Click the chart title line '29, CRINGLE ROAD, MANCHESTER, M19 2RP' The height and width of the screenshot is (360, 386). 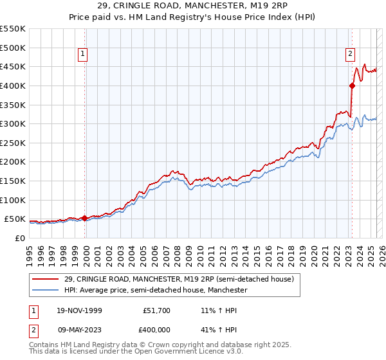[193, 6]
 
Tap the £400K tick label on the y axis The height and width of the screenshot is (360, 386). [12, 85]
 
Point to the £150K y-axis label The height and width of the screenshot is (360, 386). [12, 181]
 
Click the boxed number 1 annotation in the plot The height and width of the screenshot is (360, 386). [84, 55]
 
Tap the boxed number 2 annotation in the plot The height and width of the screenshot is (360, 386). [351, 55]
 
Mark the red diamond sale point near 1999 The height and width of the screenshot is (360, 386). [84, 218]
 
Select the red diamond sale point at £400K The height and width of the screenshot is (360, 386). [352, 85]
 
